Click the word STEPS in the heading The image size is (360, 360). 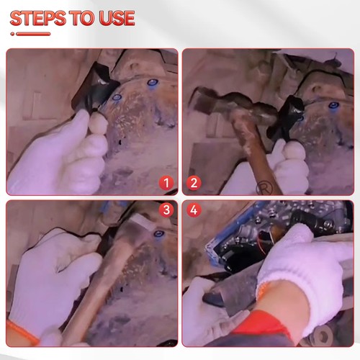38,18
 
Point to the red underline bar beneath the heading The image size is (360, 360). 33,34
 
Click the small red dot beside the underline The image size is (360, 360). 12,34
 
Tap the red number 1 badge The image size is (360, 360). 166,183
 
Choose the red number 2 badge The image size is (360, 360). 194,183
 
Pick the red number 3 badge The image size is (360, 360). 166,210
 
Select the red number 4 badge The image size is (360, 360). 194,210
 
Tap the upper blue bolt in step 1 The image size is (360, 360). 152,84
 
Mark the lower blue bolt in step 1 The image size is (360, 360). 117,97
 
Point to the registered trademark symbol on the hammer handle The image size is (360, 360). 264,187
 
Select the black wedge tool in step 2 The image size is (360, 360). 286,117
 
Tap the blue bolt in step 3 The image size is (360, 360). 158,234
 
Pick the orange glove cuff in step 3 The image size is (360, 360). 22,333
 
